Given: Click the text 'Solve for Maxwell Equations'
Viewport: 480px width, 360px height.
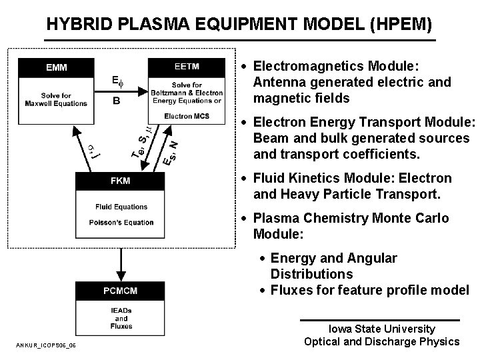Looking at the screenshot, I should pyautogui.click(x=56, y=99).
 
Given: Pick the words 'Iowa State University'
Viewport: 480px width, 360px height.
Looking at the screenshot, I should pyautogui.click(x=381, y=329).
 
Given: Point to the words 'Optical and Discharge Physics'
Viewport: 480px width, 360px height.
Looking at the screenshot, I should pyautogui.click(x=381, y=341).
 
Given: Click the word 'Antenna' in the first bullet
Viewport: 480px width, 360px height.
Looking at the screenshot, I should pyautogui.click(x=277, y=83).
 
